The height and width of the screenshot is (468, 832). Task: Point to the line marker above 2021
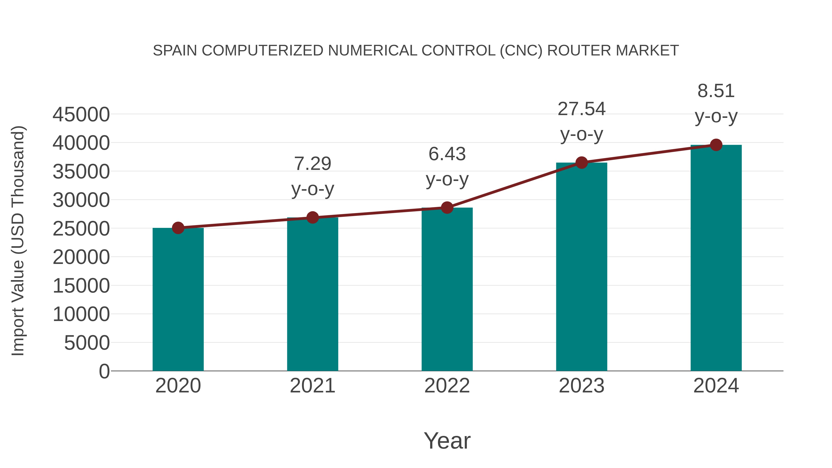click(x=313, y=218)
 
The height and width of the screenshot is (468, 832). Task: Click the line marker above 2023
click(x=581, y=163)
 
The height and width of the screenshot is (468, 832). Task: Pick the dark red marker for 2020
click(x=178, y=228)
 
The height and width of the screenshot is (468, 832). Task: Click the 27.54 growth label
click(x=581, y=109)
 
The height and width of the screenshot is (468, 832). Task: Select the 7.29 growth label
click(x=313, y=164)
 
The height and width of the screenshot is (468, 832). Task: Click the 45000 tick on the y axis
click(x=81, y=114)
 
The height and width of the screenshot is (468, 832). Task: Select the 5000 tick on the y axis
click(x=87, y=343)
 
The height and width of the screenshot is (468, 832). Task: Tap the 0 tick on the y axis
click(x=104, y=371)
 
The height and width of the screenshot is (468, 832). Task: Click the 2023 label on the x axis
click(x=581, y=386)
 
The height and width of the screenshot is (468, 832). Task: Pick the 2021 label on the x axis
click(x=313, y=386)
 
